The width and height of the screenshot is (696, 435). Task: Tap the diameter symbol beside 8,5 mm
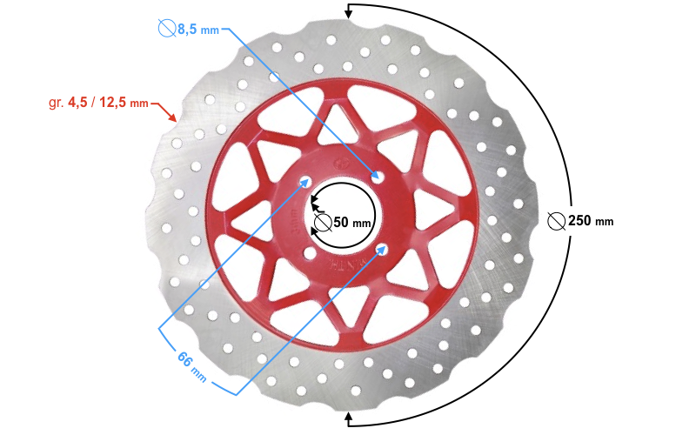pos(167,29)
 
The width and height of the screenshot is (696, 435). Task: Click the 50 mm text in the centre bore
pos(352,222)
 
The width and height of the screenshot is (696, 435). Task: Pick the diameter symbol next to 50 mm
pos(323,222)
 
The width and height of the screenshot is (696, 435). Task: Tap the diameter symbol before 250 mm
pos(556,220)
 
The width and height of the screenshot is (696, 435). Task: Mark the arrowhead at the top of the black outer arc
pos(350,10)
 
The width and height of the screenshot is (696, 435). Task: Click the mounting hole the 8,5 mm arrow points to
pos(378,177)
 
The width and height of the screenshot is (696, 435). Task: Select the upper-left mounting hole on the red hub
pos(305,182)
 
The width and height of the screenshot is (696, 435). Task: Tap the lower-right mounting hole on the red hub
pos(382,250)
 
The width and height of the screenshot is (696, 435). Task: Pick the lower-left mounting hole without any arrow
pos(309,253)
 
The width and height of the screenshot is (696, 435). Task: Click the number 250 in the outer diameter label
pos(579,220)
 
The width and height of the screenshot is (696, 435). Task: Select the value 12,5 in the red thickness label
pos(113,103)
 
